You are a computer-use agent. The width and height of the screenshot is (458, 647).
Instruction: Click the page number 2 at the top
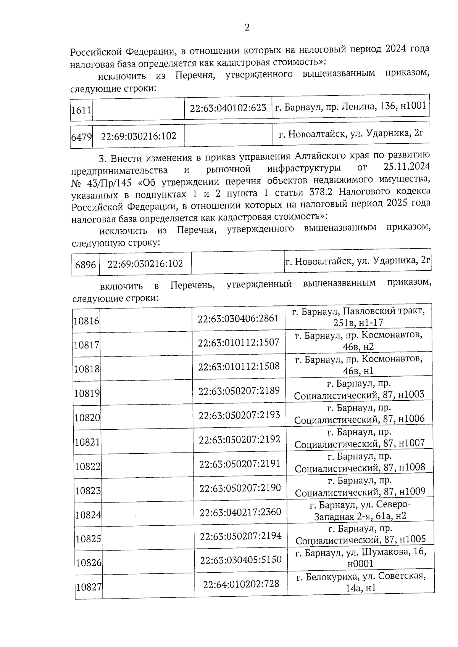pos(247,27)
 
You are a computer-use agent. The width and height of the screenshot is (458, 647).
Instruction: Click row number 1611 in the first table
pos(81,111)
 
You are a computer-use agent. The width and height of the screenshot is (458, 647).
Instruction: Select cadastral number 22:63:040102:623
pos(228,108)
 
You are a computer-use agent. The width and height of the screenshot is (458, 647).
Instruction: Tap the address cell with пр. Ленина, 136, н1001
pos(350,106)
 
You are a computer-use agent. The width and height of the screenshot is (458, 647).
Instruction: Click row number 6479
pos(81,136)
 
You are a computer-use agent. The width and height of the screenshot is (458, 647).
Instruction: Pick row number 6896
pos(85,264)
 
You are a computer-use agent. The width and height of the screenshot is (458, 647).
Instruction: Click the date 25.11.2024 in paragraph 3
pos(405,167)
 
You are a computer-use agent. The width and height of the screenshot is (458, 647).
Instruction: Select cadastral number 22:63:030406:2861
pos(238,318)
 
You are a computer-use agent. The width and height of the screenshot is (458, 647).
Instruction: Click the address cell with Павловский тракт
pos(358,316)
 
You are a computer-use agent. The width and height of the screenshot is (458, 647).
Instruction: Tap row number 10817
pos(87,345)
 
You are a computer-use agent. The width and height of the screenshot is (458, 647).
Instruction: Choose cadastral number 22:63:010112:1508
pos(239,366)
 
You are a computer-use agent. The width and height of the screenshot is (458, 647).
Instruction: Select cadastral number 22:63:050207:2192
pos(239,439)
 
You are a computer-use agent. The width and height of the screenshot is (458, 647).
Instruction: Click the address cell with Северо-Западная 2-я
pos(360,511)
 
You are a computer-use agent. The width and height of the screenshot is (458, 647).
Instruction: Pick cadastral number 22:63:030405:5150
pos(240,560)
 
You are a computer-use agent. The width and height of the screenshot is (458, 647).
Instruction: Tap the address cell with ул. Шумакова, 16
pos(360,557)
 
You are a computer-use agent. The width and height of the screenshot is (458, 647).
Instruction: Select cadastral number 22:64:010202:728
pos(241,584)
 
